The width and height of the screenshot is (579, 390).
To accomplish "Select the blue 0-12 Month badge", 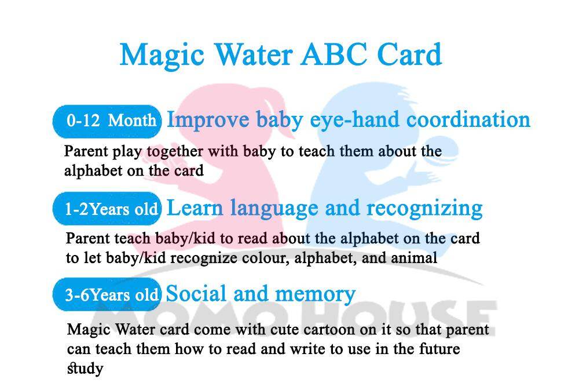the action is [x=107, y=121].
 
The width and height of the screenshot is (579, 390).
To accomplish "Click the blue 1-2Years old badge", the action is [x=107, y=209].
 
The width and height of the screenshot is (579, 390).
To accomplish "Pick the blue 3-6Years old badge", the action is [x=107, y=294].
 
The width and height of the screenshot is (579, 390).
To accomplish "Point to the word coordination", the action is [x=468, y=119].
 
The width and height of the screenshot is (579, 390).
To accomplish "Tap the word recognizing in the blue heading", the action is [x=424, y=209].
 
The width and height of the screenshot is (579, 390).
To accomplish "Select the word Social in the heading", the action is [x=196, y=294].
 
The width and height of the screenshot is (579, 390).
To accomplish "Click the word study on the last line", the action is [x=85, y=369].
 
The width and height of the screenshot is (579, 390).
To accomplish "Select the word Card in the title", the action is [x=409, y=54].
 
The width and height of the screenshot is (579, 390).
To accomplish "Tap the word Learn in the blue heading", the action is [x=195, y=208].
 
